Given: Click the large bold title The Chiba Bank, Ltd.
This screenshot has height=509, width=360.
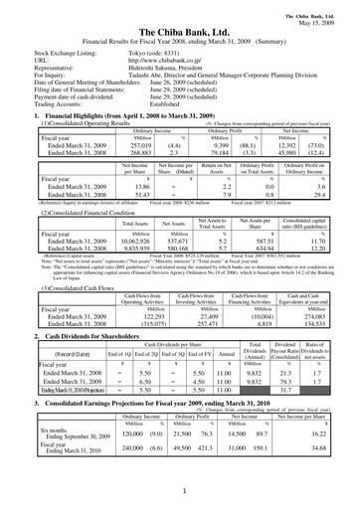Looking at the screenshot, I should pos(180,33).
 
